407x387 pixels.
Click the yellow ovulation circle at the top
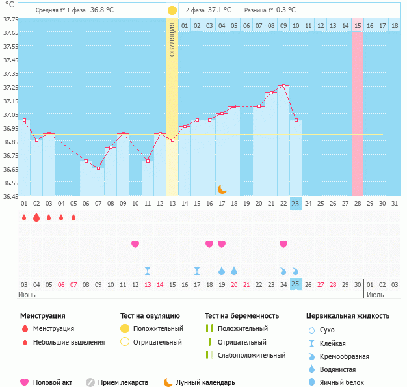(172, 10)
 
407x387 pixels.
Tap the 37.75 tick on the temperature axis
(10, 20)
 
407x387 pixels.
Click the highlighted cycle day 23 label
(295, 204)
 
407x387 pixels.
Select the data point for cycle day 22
(283, 86)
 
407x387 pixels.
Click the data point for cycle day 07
(98, 168)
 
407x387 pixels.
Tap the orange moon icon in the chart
(222, 189)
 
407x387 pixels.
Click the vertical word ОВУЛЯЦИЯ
(172, 40)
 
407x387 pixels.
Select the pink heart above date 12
(135, 244)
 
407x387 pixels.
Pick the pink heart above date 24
(283, 244)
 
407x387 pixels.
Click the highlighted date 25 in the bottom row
(295, 284)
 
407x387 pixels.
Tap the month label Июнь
(27, 295)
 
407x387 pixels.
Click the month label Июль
(375, 295)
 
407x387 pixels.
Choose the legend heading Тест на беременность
(241, 316)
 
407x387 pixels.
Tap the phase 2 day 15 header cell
(358, 25)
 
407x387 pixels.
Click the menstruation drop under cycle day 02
(36, 217)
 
